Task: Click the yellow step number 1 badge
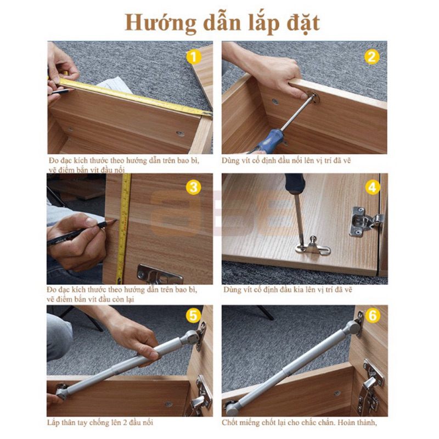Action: (192, 56)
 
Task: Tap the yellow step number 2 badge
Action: (372, 57)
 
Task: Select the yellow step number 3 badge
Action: (192, 187)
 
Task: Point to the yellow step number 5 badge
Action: (192, 316)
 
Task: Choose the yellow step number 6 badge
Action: (372, 316)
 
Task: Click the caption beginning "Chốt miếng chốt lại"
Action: (300, 423)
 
